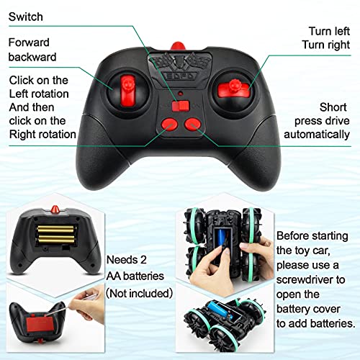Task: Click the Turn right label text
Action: [x=328, y=44]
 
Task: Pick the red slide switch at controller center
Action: [x=185, y=106]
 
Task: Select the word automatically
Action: [x=316, y=135]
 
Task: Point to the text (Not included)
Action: [x=139, y=293]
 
